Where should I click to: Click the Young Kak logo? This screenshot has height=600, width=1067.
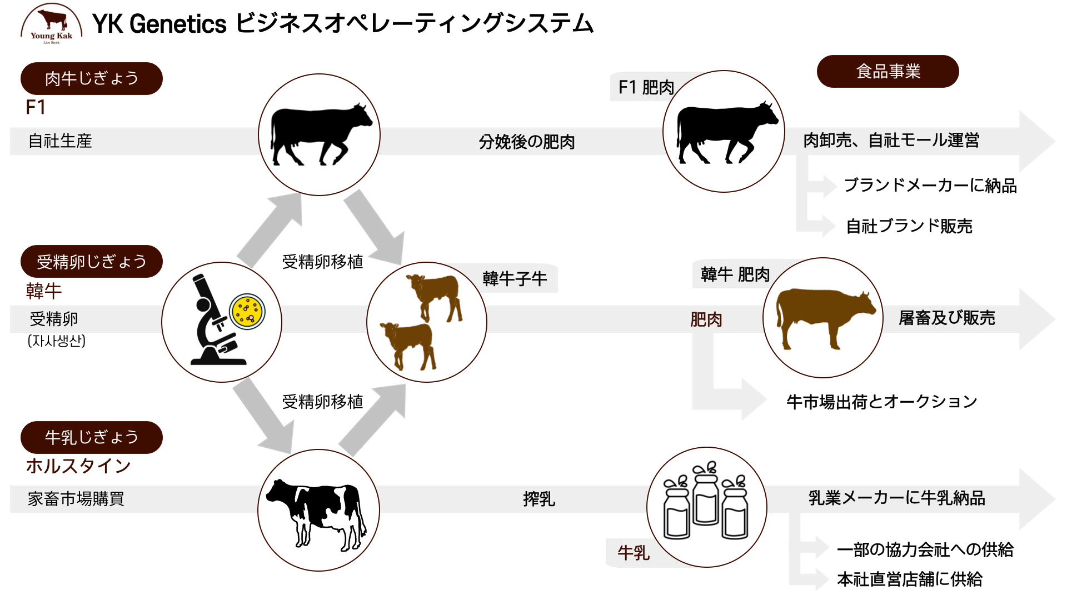click(51, 24)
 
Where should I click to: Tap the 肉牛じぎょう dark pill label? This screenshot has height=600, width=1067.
click(92, 78)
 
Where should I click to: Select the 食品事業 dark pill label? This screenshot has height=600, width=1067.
click(888, 71)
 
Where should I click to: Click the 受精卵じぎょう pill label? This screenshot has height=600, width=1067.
click(92, 261)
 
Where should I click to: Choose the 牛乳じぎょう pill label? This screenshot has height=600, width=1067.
click(92, 437)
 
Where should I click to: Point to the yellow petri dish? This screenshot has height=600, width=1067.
click(247, 312)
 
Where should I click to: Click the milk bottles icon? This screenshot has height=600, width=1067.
click(706, 500)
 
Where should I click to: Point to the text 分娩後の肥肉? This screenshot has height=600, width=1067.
click(527, 142)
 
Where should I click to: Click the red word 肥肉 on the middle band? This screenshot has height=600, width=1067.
click(706, 319)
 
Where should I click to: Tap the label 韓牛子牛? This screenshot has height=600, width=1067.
click(515, 278)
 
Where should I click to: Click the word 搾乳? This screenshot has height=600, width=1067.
click(539, 499)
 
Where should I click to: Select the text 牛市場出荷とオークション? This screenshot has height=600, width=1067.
click(881, 401)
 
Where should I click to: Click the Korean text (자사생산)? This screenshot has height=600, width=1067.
click(57, 341)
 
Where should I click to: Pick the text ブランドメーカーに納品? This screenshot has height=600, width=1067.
click(930, 185)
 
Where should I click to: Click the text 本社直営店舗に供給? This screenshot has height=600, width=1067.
click(910, 579)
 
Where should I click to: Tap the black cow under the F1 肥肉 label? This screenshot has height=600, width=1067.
click(725, 133)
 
